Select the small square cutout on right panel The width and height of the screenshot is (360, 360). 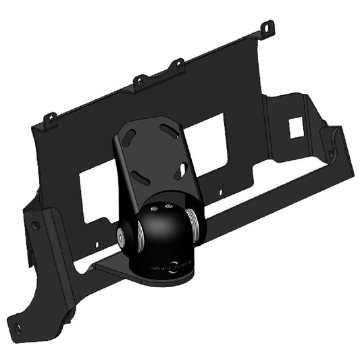[x=295, y=126]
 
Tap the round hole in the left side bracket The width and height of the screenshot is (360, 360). [x=36, y=225]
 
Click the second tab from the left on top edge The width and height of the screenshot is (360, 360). [x=138, y=80]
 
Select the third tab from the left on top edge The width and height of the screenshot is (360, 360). [x=178, y=65]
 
